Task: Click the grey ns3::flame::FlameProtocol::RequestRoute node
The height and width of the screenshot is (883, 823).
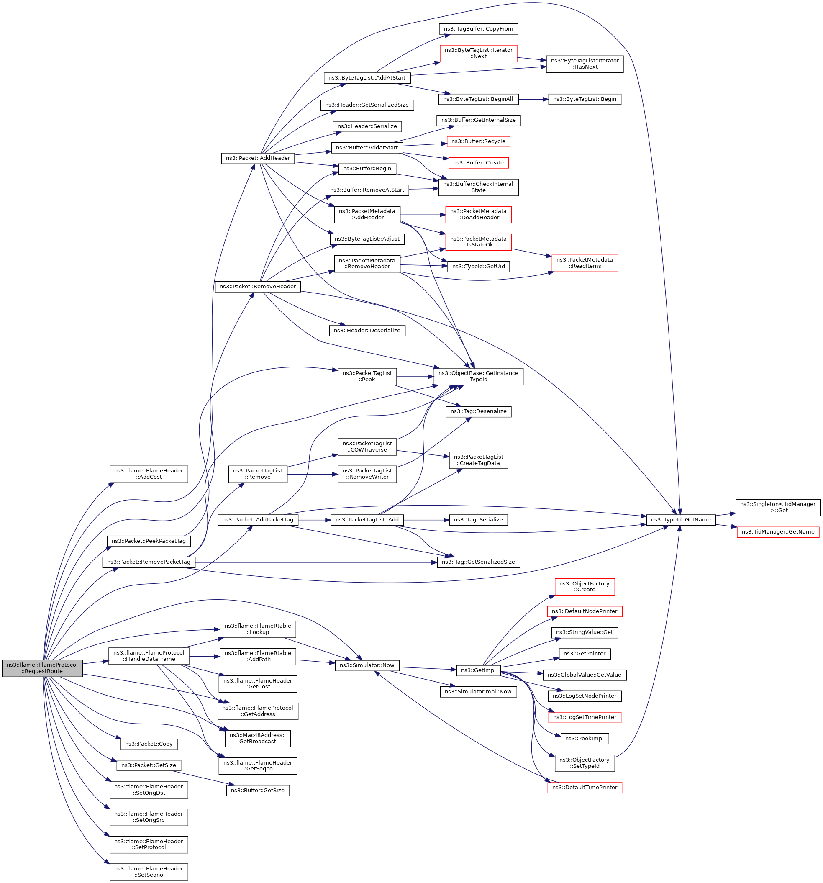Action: coord(42,668)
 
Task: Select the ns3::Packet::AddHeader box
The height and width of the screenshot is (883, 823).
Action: coord(258,158)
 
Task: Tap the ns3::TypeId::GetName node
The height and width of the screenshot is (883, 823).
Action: coord(680,520)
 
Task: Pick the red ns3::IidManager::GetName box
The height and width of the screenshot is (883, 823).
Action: coord(778,532)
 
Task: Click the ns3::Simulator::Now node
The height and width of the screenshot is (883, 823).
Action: coord(367,665)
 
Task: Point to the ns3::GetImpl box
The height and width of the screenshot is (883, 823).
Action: coord(478,670)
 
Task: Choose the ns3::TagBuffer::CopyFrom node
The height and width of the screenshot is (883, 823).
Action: coord(478,29)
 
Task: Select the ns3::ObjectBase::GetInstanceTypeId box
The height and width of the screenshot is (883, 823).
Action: coord(478,376)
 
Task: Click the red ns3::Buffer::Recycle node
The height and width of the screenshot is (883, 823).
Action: coord(478,142)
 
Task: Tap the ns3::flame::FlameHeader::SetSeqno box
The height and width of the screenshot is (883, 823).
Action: coord(149,872)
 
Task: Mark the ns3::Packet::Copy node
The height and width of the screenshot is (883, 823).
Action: coord(149,744)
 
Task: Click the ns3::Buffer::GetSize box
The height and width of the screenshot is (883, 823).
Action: coord(258,791)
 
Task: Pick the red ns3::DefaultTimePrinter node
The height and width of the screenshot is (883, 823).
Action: coord(585,788)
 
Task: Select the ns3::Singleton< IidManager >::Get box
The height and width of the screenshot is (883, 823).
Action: coord(778,507)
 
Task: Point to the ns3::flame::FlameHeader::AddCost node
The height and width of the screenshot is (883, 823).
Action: coord(149,474)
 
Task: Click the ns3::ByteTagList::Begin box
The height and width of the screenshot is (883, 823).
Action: coord(585,99)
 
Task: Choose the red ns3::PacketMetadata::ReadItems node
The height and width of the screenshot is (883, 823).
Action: coord(585,263)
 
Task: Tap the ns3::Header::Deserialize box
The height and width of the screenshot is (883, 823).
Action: coord(367,331)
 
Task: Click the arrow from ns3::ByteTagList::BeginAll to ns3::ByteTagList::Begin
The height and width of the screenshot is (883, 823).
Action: coord(533,99)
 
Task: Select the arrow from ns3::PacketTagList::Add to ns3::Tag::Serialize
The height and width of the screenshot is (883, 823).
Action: coord(426,520)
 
